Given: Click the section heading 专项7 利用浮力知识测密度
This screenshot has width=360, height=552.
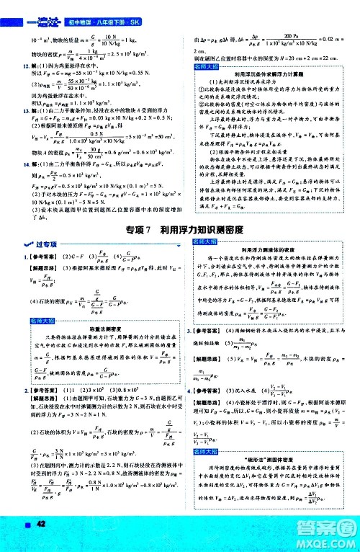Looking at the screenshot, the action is pos(179,229).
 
